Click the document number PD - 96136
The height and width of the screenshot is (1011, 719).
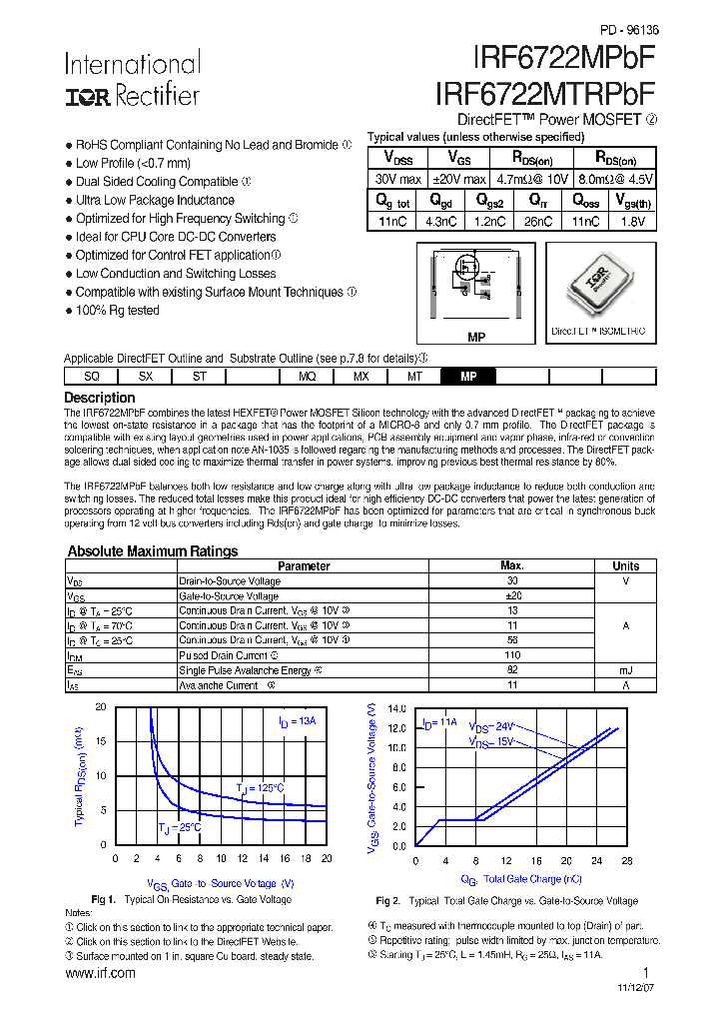629,30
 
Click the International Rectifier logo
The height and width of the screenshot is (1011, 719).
132,80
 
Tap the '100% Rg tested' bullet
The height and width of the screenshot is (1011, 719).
117,311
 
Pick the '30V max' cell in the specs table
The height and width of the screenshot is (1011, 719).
397,179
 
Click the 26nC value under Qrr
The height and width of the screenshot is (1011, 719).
537,222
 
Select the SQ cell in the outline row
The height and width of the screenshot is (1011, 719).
91,377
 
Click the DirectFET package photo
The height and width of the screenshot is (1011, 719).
599,286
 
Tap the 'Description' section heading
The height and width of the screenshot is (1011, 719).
99,398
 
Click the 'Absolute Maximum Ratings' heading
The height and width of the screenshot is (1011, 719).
152,551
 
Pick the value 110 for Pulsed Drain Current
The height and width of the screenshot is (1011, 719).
512,655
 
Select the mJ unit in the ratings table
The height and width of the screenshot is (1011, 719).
626,670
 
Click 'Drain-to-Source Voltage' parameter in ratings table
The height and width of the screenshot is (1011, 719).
229,581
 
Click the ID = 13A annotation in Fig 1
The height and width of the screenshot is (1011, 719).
297,721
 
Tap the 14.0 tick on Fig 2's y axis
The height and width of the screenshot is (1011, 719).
396,707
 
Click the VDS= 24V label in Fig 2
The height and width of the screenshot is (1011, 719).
492,728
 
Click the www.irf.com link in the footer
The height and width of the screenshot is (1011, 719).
100,973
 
